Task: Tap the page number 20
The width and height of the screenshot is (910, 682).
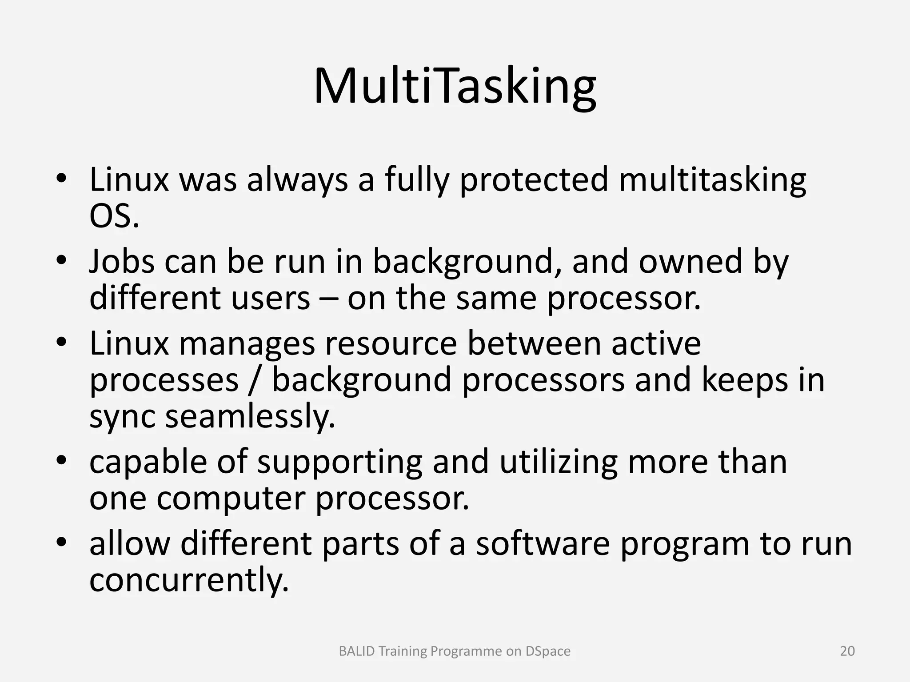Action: click(847, 651)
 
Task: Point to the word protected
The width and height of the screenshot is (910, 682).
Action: click(533, 180)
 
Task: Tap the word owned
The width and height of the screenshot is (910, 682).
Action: click(690, 262)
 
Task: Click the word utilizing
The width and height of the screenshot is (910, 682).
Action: click(558, 462)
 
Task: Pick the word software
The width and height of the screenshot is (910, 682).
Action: click(543, 543)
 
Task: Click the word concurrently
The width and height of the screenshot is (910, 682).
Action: click(189, 580)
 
